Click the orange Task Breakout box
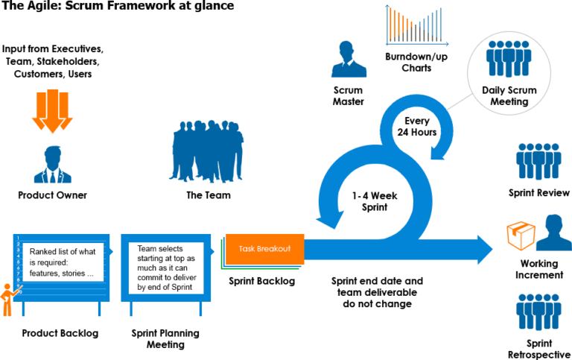coord(265,249)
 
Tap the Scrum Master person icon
coord(349,59)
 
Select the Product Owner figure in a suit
coord(53,165)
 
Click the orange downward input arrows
coord(53,111)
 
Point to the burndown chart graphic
coord(417,25)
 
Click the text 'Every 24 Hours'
coord(417,127)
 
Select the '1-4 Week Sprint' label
coord(375,201)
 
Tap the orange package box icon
coord(521,236)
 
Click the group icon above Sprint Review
coord(538,162)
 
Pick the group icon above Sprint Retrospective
coord(538,312)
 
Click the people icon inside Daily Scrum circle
coord(509,59)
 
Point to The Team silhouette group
coord(206,151)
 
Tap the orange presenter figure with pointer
coord(10,300)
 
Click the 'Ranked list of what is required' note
coord(63,262)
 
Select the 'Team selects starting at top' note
coord(166,268)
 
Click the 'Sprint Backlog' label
coord(262,281)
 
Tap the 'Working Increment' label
coord(539,269)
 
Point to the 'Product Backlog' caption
coord(60,333)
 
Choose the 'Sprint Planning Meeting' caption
coord(165,339)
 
